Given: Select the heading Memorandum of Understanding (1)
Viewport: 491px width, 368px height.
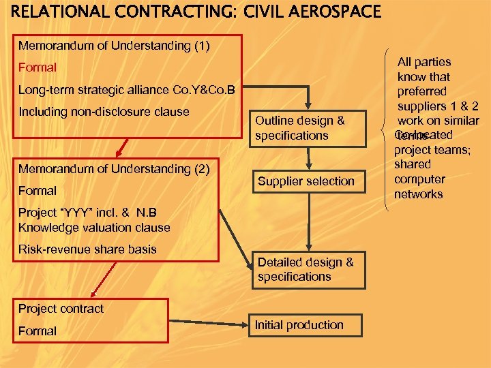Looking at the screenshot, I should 115,46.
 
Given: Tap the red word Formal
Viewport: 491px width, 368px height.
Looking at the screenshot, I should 38,68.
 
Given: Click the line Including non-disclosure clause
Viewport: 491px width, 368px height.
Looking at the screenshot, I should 104,111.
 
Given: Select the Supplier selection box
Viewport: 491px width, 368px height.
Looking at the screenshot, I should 306,181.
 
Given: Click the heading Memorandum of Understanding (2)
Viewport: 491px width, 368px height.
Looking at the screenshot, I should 115,168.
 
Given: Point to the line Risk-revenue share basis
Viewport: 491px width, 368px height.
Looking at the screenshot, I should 87,249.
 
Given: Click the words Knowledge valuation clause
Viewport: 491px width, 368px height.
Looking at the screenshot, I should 94,228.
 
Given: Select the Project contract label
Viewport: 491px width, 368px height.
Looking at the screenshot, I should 61,308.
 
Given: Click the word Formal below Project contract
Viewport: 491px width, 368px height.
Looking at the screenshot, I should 38,331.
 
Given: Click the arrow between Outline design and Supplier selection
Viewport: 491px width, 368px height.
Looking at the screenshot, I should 309,158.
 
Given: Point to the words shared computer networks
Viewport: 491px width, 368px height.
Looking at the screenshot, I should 419,179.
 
